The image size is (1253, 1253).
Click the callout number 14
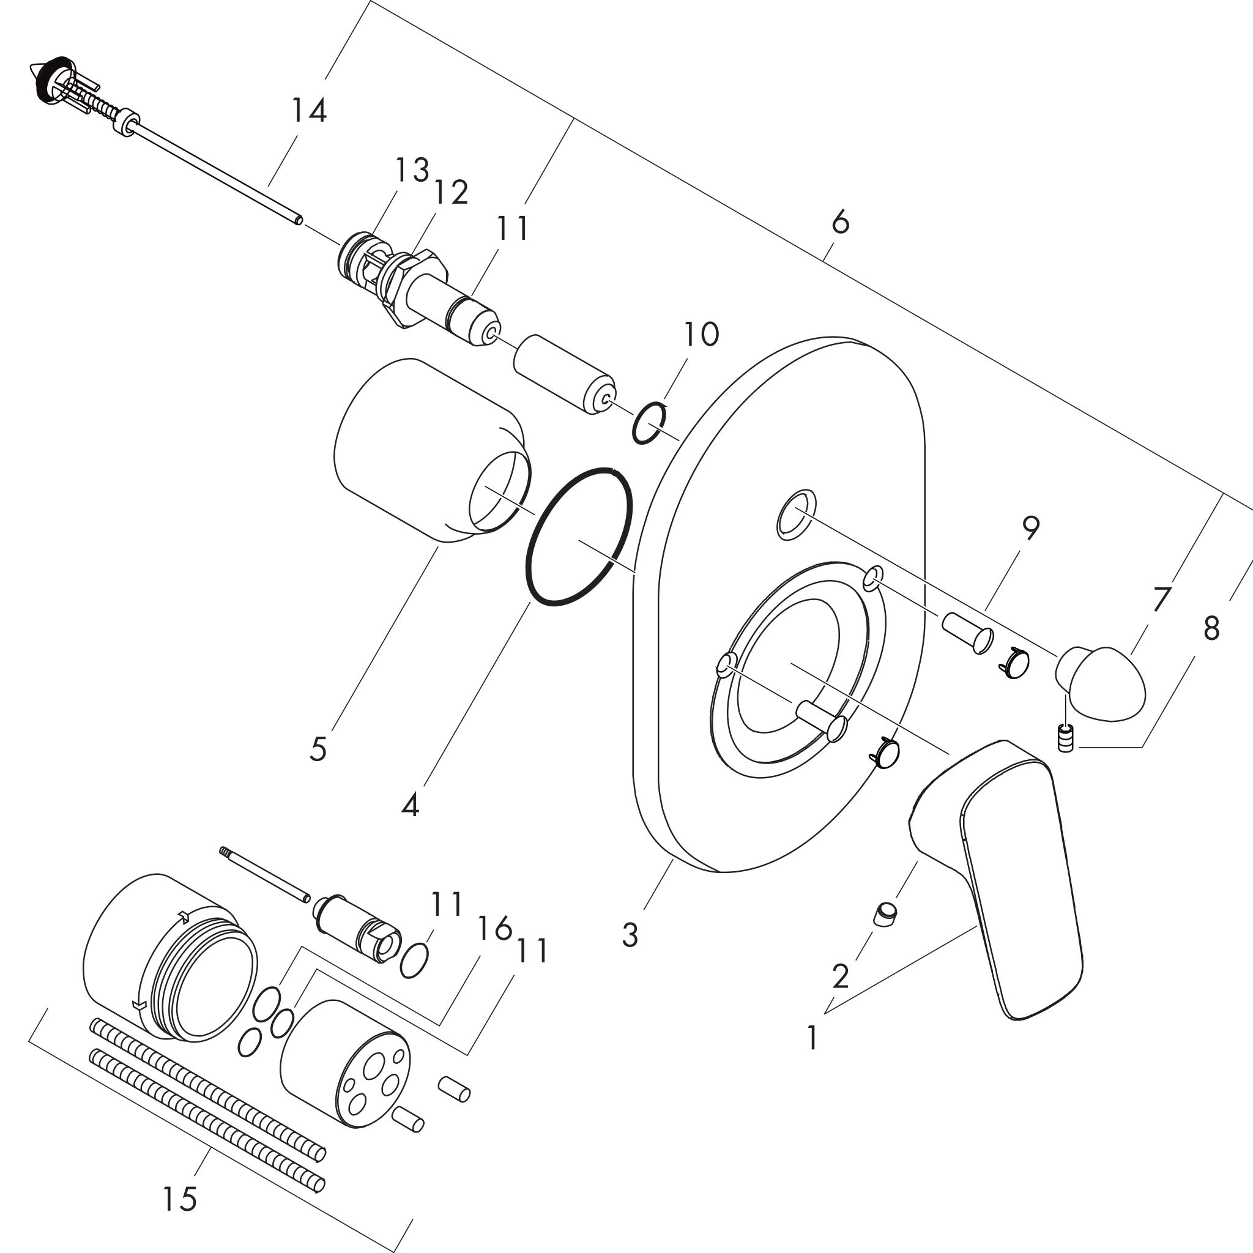click(x=308, y=110)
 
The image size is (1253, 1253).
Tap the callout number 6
click(x=840, y=223)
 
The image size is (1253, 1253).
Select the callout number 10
click(x=701, y=334)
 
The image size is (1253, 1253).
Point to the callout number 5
click(x=318, y=749)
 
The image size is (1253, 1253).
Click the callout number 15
click(x=180, y=1199)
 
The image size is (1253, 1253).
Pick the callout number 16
click(x=495, y=929)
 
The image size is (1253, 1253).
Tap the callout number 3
click(x=630, y=935)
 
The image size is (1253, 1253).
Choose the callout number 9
click(x=1030, y=529)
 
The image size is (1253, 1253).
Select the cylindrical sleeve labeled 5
click(x=431, y=451)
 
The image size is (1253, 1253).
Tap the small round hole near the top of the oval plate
click(x=797, y=515)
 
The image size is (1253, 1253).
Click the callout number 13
click(x=412, y=170)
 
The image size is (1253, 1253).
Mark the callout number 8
click(x=1211, y=628)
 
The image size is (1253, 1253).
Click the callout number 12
click(x=452, y=192)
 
